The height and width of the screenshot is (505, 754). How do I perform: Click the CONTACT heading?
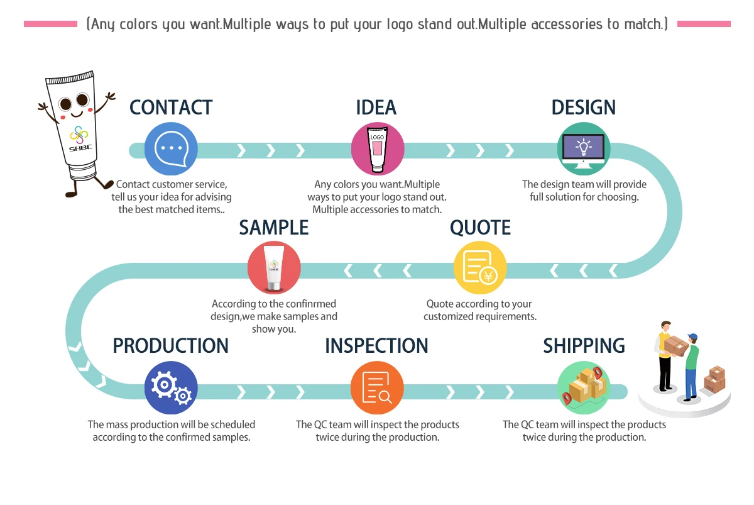tap(171, 108)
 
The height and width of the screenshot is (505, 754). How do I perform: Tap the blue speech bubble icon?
tap(171, 150)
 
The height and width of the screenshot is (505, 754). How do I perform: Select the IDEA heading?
tap(376, 108)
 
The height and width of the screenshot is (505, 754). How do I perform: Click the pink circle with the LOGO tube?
tap(377, 149)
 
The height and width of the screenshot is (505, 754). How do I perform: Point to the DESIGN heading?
tap(583, 108)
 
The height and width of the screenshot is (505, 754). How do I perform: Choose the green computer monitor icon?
tap(583, 149)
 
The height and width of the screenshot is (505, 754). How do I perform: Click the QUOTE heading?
tap(480, 228)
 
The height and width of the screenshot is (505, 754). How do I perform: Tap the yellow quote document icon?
tap(480, 268)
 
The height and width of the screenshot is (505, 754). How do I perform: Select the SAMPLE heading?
tap(274, 228)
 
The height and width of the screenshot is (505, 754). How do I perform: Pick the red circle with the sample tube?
tap(274, 268)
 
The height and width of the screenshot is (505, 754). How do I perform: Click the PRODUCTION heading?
tap(171, 346)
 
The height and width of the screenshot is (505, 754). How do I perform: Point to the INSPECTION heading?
tap(376, 346)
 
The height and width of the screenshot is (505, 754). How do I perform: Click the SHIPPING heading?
tap(584, 346)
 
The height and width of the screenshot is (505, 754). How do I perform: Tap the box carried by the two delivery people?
tap(676, 345)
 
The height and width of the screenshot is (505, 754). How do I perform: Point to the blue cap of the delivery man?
tap(692, 336)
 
